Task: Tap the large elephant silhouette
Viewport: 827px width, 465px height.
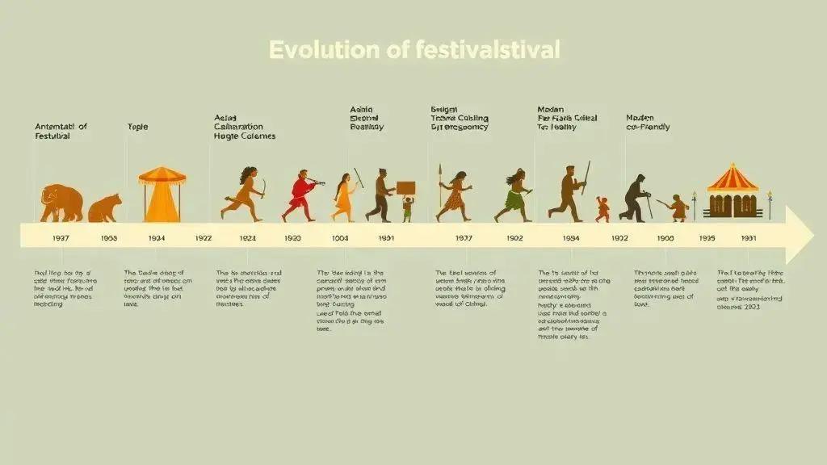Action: [62, 203]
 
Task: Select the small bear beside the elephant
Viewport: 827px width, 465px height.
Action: [104, 208]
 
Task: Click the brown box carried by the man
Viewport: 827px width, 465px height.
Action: [405, 188]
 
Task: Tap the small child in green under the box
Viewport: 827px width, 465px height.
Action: [407, 210]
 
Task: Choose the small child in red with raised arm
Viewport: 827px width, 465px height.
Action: [602, 209]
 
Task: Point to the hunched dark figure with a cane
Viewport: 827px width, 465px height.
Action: [636, 198]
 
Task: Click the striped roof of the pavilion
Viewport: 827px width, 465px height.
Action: [733, 177]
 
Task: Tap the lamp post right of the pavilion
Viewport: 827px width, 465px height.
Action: [770, 205]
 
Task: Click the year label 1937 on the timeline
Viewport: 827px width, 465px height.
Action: [61, 238]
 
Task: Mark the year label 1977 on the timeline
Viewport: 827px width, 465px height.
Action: [463, 238]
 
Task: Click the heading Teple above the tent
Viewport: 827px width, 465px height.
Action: [138, 127]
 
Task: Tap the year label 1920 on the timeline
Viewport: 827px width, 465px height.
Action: [292, 238]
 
